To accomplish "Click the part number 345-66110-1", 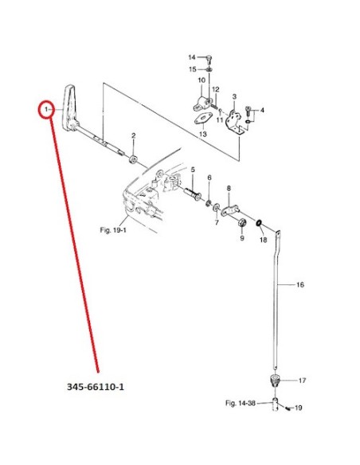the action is point(96,387).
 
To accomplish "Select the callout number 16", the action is point(300,285).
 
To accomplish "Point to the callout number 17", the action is point(302,381).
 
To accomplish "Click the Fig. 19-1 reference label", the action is point(113,230).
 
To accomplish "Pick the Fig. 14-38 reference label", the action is point(241,403).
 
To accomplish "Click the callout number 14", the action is point(192,57).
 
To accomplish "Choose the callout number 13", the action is point(203,134).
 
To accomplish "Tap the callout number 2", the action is point(134,135).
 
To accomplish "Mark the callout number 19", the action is point(299,408).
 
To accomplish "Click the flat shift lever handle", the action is point(69,108).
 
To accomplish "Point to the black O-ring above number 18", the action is point(259,223).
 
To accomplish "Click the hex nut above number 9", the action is point(241,222).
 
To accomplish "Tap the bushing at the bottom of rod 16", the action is point(276,380).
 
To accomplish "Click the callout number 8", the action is point(229,188).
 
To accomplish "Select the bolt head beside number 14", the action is point(209,58).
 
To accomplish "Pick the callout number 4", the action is point(262,111).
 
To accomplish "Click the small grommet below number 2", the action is point(132,159).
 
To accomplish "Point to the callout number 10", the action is point(202,80).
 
